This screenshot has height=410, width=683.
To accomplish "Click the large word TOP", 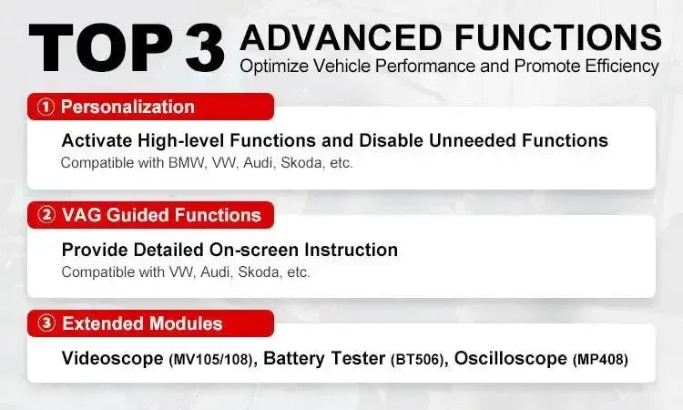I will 96,46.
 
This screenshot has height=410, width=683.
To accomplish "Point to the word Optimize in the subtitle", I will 270,67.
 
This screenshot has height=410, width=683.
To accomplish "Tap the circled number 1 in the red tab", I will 46,108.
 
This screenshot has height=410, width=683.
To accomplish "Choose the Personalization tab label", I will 127,108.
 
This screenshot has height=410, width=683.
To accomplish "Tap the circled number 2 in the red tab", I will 46,216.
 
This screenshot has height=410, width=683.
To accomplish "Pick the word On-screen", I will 241,250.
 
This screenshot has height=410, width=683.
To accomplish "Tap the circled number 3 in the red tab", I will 46,323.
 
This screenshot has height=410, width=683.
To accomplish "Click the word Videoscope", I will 112,358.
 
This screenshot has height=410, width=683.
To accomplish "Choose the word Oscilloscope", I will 510,358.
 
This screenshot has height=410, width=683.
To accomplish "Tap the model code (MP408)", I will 600,360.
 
